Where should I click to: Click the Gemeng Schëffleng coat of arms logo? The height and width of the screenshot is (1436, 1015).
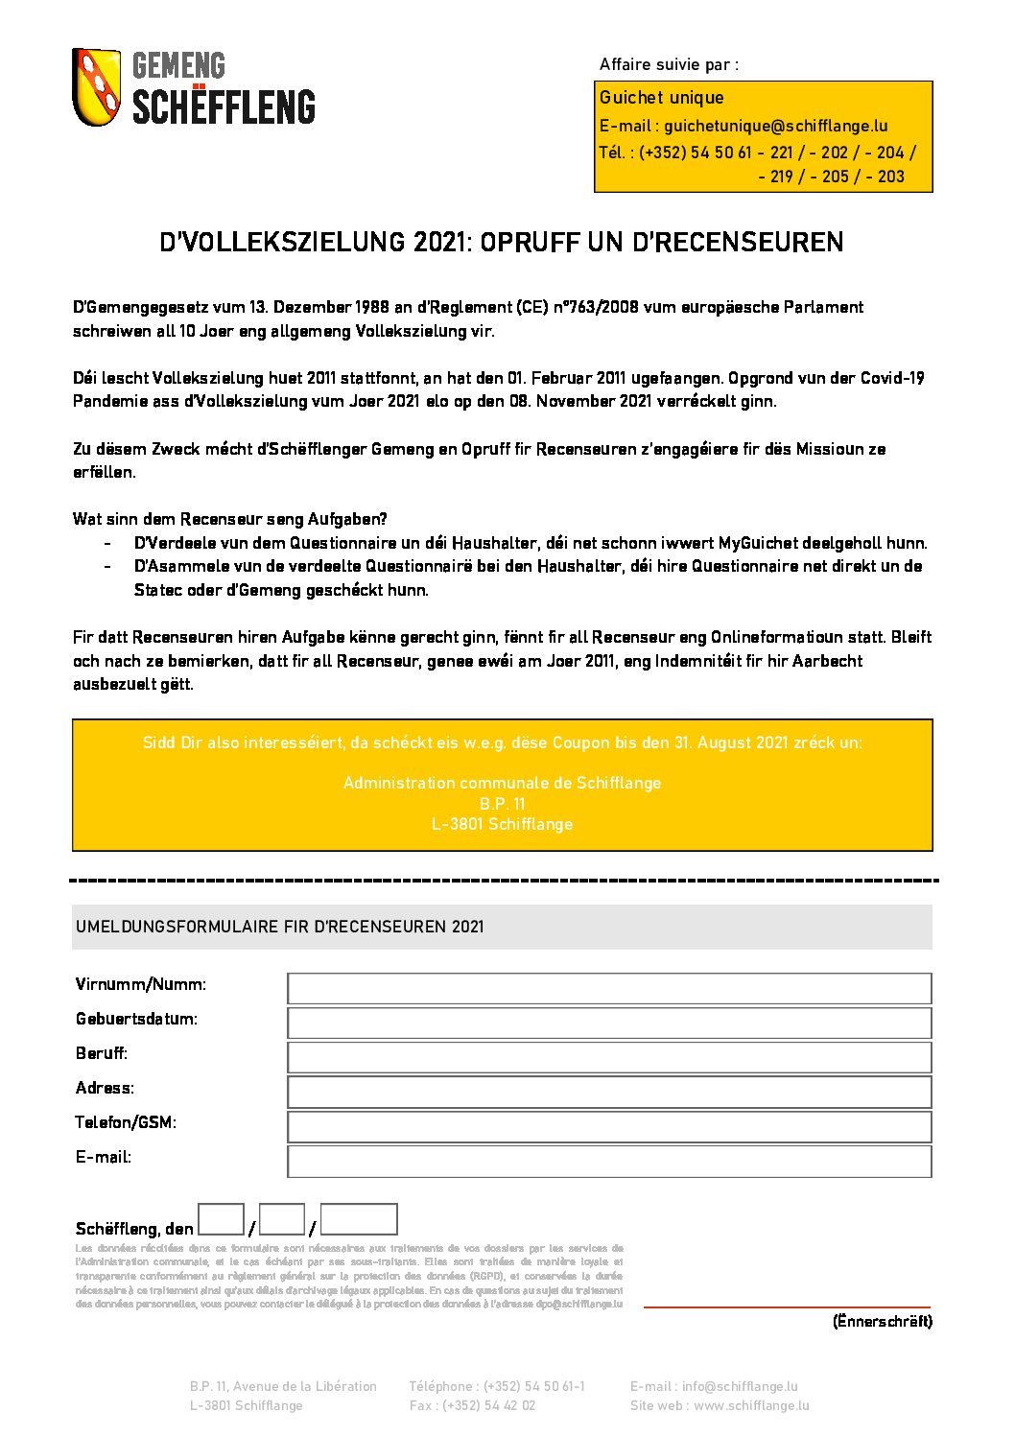point(97,87)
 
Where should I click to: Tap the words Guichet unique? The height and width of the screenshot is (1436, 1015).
point(661,98)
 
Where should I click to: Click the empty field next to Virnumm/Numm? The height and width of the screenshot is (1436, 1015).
point(609,988)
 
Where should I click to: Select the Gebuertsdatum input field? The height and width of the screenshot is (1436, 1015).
point(609,1023)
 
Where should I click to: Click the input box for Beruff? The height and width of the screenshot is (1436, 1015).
point(609,1057)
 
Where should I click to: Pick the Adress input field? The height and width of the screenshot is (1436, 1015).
point(609,1092)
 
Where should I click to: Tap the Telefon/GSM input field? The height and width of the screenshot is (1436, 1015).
point(609,1126)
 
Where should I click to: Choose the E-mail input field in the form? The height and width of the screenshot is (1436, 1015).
point(609,1161)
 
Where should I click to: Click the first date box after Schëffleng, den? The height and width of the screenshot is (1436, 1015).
point(221,1219)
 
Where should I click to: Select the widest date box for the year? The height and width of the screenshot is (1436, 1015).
point(359,1219)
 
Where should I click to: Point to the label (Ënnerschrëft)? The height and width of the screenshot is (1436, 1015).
point(882,1322)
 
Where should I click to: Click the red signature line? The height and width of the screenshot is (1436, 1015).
point(787,1307)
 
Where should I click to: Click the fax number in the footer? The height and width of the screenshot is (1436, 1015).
point(472,1405)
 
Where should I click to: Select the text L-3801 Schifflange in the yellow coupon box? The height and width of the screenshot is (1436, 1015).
point(502,824)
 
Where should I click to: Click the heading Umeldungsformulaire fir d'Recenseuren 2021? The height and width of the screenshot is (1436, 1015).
point(280,927)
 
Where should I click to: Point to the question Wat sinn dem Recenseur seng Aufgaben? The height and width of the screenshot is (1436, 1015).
point(230,519)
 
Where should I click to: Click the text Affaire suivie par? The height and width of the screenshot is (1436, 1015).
point(669,65)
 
